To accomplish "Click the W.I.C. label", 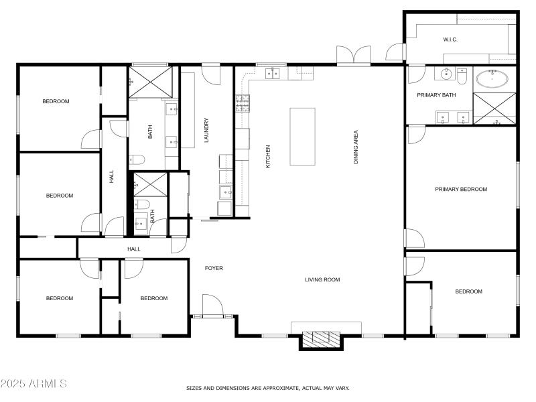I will [x=450, y=40].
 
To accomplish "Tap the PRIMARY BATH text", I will [x=436, y=95].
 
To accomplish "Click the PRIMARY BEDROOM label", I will [x=461, y=190].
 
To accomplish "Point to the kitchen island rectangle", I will [x=301, y=136].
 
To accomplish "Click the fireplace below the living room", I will [x=321, y=338].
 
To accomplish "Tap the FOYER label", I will [x=214, y=268].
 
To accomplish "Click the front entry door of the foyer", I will [x=213, y=307].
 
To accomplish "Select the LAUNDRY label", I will [x=207, y=131].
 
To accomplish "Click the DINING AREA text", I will [x=356, y=147].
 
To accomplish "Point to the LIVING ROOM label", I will [x=323, y=279].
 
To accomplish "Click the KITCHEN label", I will [x=268, y=156].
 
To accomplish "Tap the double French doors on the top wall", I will [x=354, y=56].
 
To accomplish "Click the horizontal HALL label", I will [x=134, y=249].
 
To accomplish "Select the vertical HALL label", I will [x=112, y=177].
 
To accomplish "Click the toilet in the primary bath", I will [x=462, y=78].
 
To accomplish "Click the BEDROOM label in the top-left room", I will [x=56, y=101].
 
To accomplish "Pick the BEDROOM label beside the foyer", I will [x=154, y=298].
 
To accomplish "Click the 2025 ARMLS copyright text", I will [x=33, y=384].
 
